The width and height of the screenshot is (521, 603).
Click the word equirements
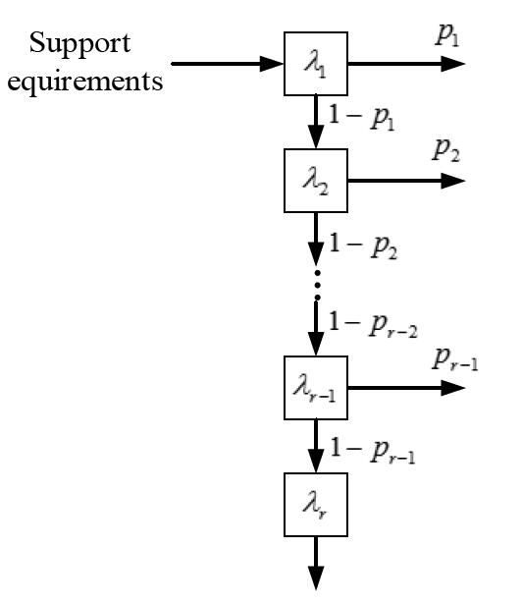click(85, 82)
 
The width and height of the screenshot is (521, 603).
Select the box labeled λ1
click(316, 64)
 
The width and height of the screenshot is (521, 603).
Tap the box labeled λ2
click(316, 181)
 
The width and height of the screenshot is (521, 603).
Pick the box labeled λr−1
click(316, 388)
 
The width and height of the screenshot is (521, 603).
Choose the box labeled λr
click(316, 505)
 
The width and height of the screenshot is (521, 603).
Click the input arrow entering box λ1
click(228, 64)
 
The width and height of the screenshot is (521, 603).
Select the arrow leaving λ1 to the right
click(406, 64)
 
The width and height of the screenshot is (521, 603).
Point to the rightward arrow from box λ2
click(406, 181)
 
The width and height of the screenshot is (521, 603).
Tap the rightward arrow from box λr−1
click(406, 388)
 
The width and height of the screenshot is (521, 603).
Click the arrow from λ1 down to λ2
click(316, 123)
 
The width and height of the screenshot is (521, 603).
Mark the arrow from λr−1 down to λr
click(316, 446)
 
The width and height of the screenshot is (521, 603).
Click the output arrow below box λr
click(316, 563)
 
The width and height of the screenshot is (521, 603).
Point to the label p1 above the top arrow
click(447, 36)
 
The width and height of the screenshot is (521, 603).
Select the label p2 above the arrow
click(445, 151)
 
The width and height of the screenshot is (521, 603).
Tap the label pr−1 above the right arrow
click(455, 360)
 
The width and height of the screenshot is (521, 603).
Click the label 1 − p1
click(362, 118)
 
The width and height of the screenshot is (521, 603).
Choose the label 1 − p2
click(363, 247)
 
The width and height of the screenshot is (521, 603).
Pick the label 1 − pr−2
click(373, 324)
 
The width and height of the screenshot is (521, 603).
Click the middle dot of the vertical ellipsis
click(317, 285)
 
